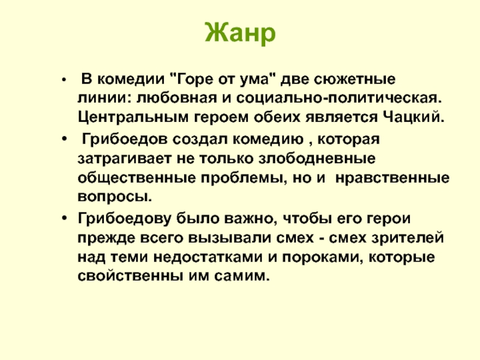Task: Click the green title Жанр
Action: (241, 33)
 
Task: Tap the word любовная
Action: (176, 98)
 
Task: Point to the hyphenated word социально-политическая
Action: (339, 98)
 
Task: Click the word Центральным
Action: (133, 117)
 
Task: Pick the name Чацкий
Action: (413, 116)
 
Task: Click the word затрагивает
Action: (124, 159)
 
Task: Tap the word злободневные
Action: (317, 158)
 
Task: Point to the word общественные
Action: (137, 178)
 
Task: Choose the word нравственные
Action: (392, 178)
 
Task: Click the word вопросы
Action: (115, 197)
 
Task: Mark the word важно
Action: (251, 219)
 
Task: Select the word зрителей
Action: (408, 238)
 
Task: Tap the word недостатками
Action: (208, 257)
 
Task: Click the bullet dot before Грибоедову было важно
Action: (64, 218)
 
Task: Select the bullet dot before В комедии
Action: (64, 80)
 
